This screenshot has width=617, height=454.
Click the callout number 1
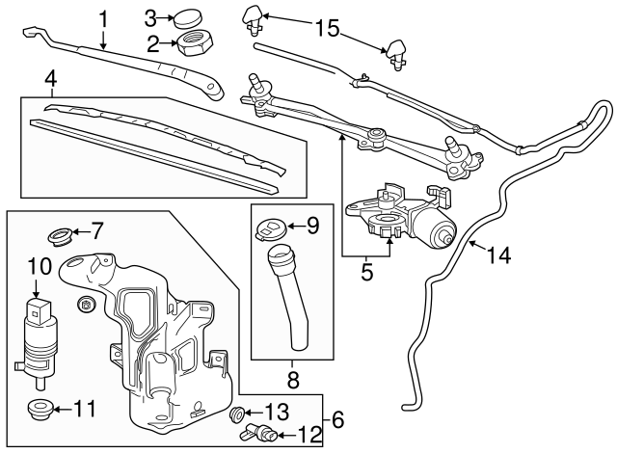(104, 17)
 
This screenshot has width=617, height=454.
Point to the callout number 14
(498, 255)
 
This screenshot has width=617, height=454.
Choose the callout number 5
(366, 272)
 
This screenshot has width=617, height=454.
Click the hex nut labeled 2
(198, 44)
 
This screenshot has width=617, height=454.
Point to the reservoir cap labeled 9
(272, 229)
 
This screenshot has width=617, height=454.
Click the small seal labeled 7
(61, 233)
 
